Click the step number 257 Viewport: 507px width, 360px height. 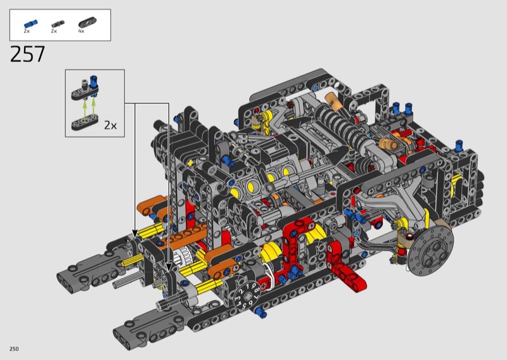click(27, 55)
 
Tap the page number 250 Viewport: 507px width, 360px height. click(14, 349)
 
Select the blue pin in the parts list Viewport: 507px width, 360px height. click(30, 23)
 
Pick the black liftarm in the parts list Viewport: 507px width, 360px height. click(87, 23)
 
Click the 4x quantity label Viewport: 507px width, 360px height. click(81, 31)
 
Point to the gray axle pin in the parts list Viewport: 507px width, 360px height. click(58, 23)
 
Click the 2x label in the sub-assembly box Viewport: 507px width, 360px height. click(110, 125)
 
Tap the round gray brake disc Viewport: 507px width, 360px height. click(430, 251)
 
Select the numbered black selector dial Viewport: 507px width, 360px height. click(247, 297)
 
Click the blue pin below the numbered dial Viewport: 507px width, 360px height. click(260, 312)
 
